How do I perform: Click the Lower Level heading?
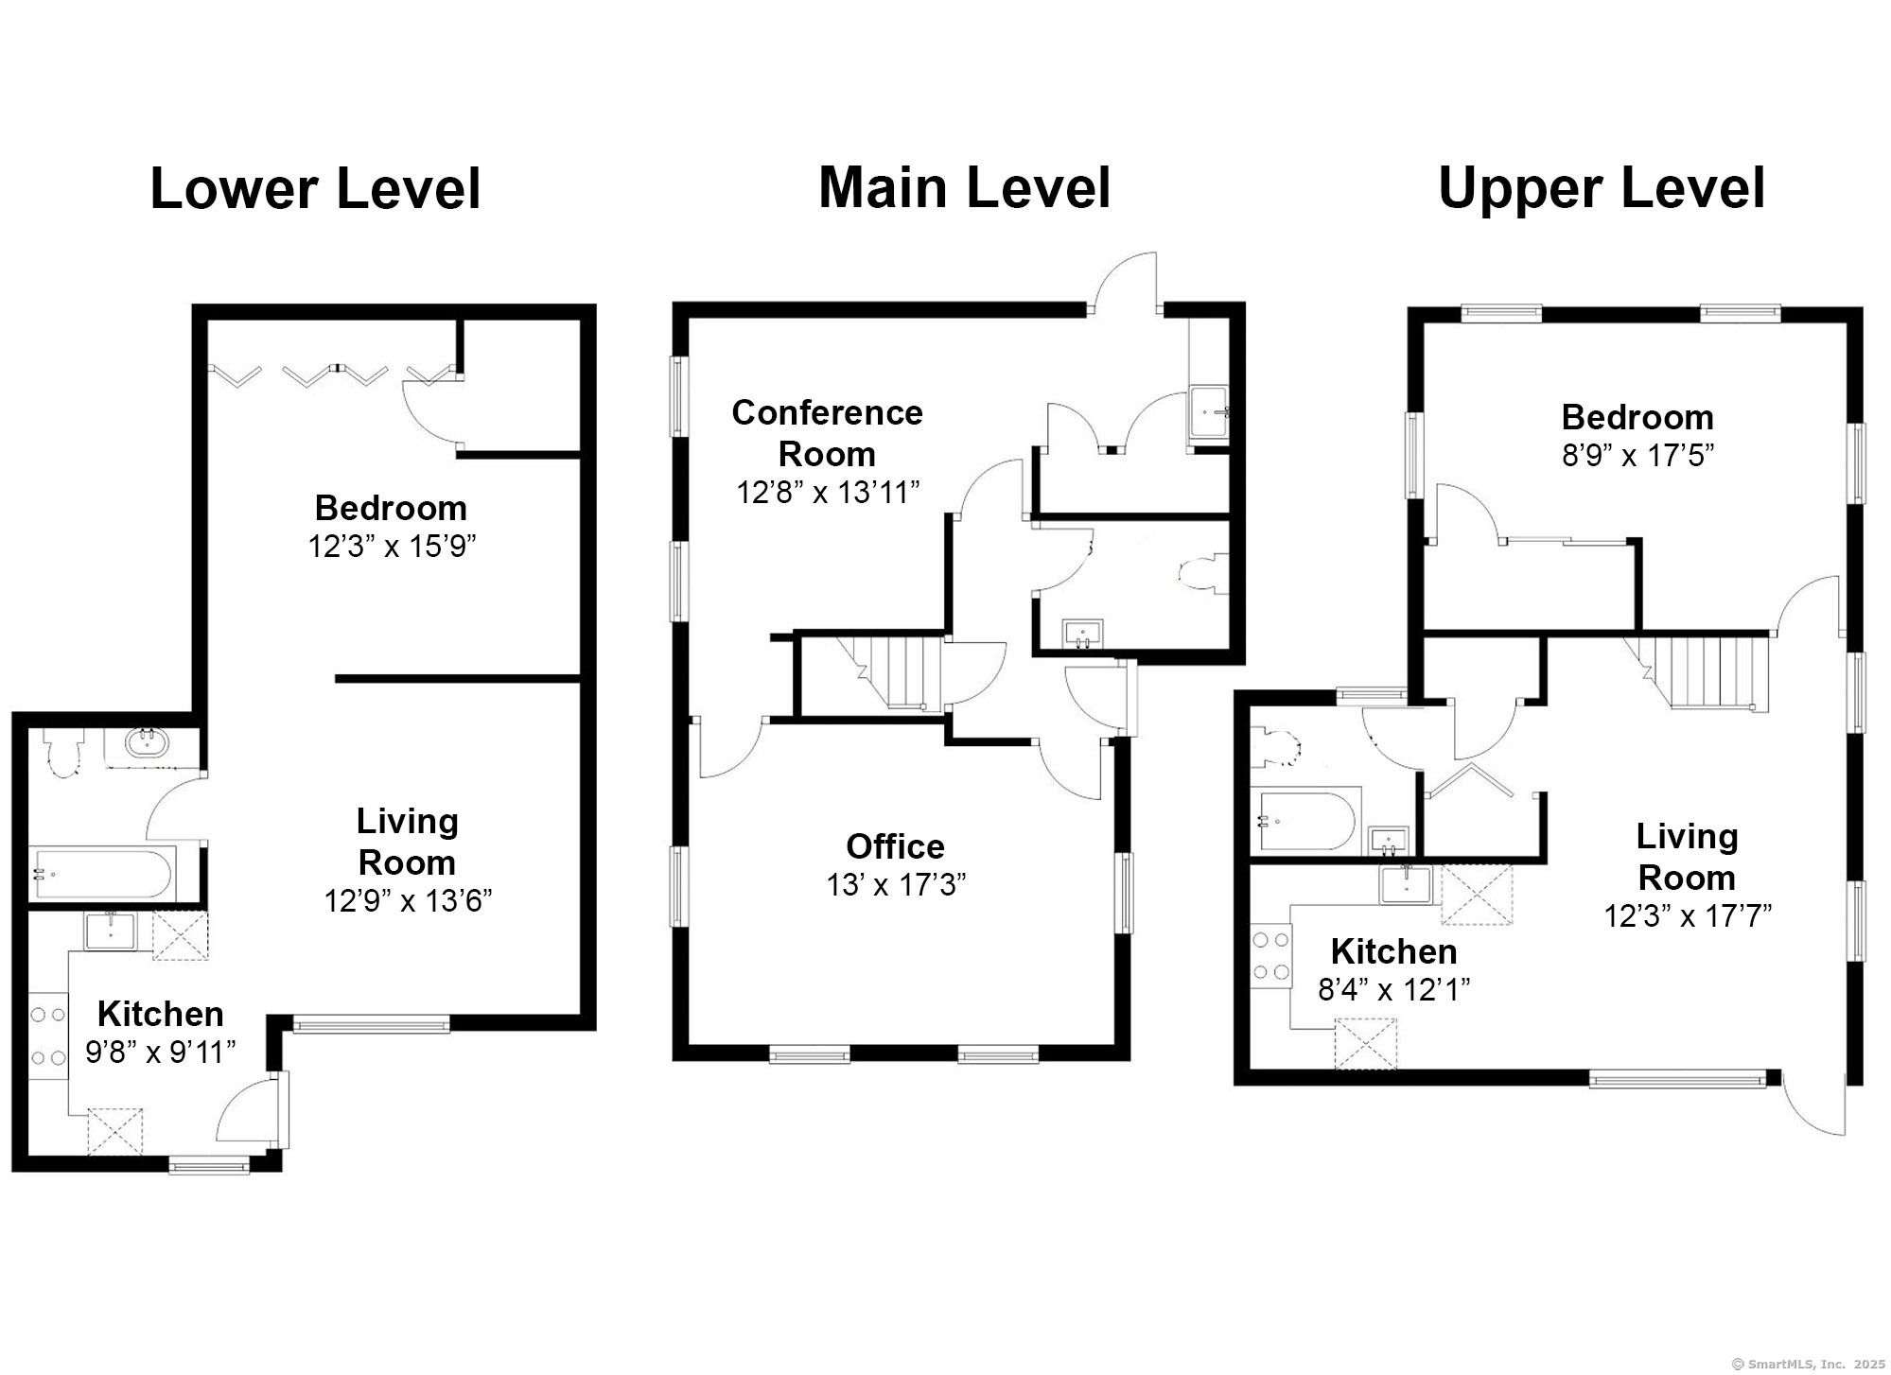pyautogui.click(x=316, y=189)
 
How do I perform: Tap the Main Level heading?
pyautogui.click(x=964, y=187)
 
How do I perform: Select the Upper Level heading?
pyautogui.click(x=1601, y=188)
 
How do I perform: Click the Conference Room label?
pyautogui.click(x=828, y=433)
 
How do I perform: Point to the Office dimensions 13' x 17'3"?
pyautogui.click(x=896, y=885)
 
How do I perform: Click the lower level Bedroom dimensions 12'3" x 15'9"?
pyautogui.click(x=392, y=547)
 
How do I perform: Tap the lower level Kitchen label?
pyautogui.click(x=161, y=1014)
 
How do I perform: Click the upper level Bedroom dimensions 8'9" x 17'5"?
pyautogui.click(x=1637, y=456)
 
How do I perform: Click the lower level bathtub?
pyautogui.click(x=103, y=874)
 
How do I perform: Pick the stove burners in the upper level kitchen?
pyautogui.click(x=1271, y=956)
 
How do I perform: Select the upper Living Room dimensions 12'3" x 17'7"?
pyautogui.click(x=1688, y=915)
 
